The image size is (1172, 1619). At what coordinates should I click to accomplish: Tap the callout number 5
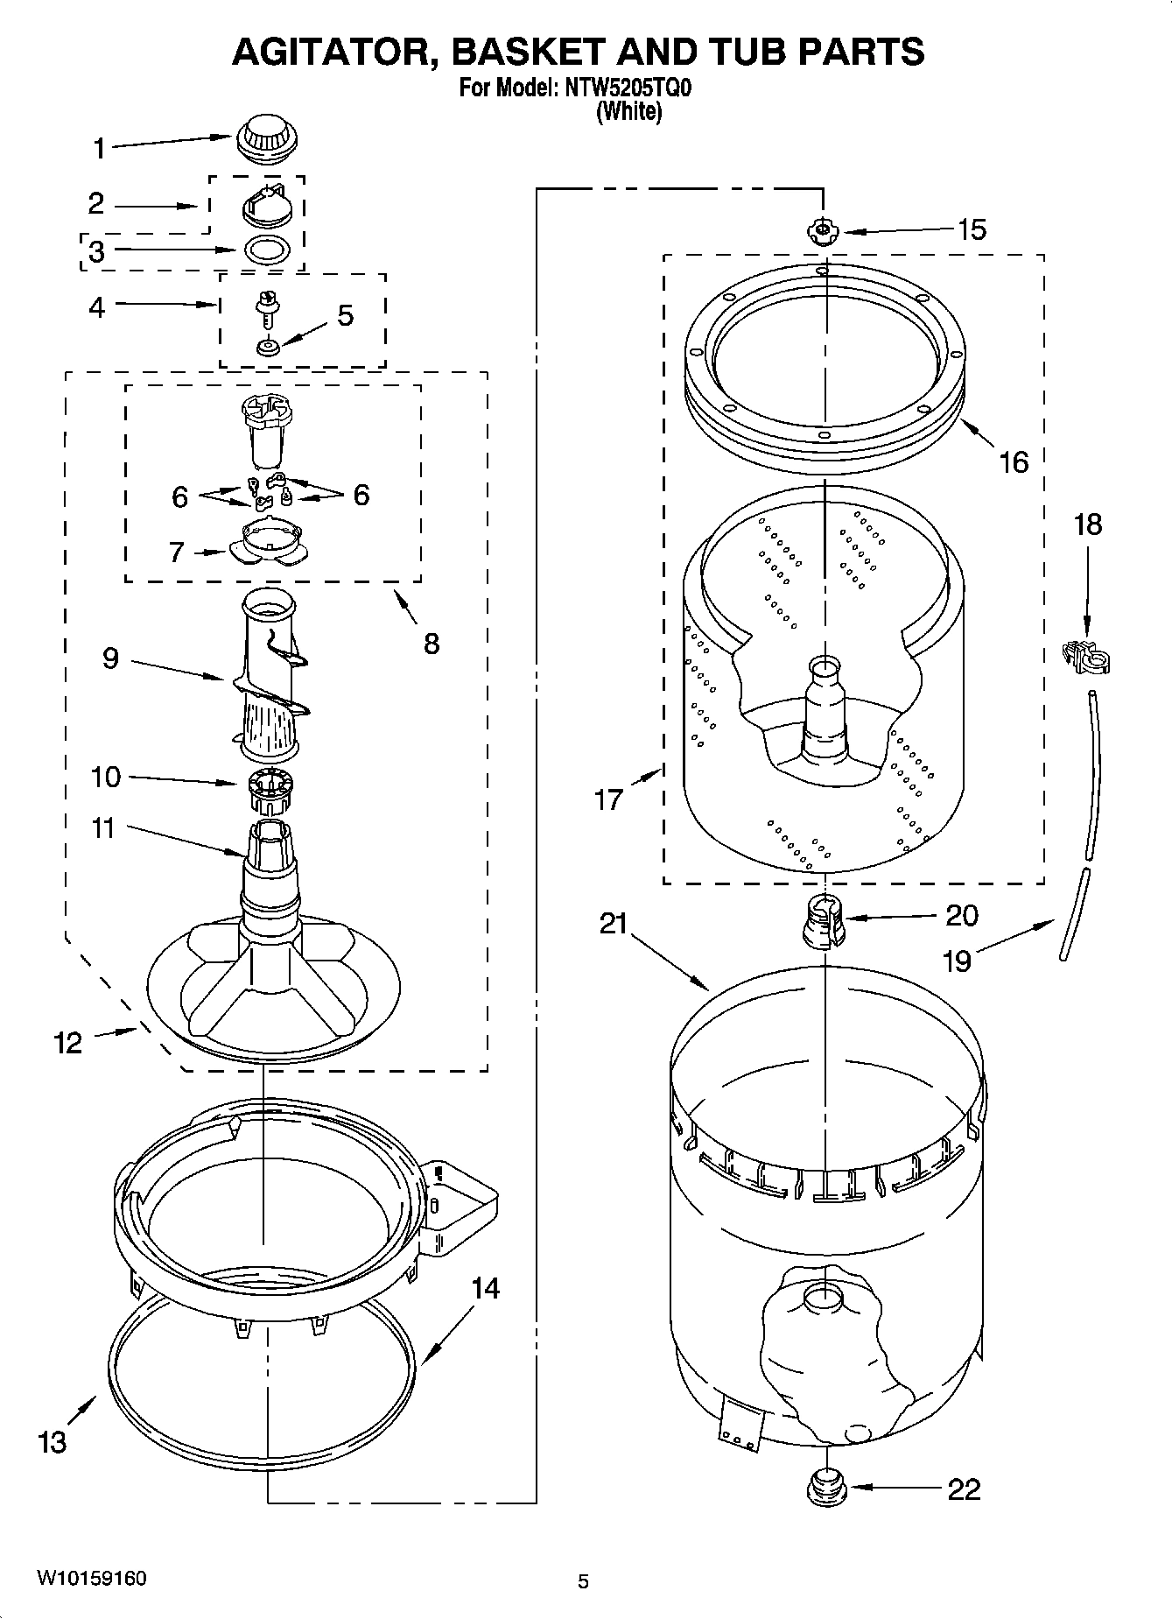point(345,316)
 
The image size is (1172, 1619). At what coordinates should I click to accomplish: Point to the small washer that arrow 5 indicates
point(267,348)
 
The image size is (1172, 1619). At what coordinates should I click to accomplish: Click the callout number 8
point(431,644)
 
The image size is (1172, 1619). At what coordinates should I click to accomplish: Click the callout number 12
point(68,1043)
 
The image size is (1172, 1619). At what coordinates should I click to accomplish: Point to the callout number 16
point(1014,462)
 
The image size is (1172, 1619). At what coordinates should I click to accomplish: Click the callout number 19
point(957,961)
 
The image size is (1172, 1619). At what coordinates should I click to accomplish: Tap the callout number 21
point(614,923)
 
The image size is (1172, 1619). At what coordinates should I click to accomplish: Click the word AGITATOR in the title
point(330,52)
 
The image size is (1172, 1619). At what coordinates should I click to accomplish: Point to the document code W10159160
point(91,1579)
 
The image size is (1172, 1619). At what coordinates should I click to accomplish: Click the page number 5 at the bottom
point(584,1581)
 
